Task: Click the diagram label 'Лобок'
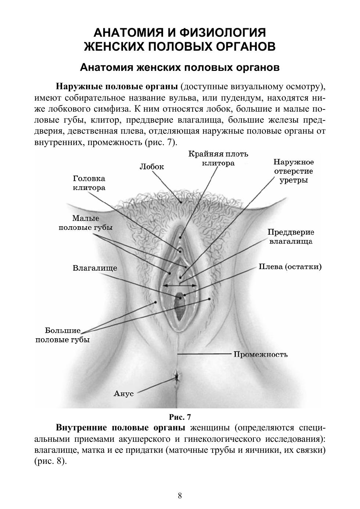coord(152,166)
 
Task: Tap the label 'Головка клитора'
coord(89,183)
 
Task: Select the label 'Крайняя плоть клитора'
coord(218,158)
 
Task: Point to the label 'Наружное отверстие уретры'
coord(294,171)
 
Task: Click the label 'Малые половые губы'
coord(86,223)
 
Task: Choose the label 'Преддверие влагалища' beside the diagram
coord(291,237)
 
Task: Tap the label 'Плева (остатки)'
coord(290,267)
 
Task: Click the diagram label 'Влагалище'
coord(95,268)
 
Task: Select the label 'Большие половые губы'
coord(62,335)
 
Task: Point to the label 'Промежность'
coord(260,354)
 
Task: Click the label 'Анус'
coord(124,393)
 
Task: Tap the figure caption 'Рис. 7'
coord(180,417)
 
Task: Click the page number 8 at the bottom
coord(180,496)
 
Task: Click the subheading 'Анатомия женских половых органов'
coord(180,68)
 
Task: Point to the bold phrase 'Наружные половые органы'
coord(117,87)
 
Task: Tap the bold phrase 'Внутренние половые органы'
coord(120,428)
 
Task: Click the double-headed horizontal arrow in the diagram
coord(180,285)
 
